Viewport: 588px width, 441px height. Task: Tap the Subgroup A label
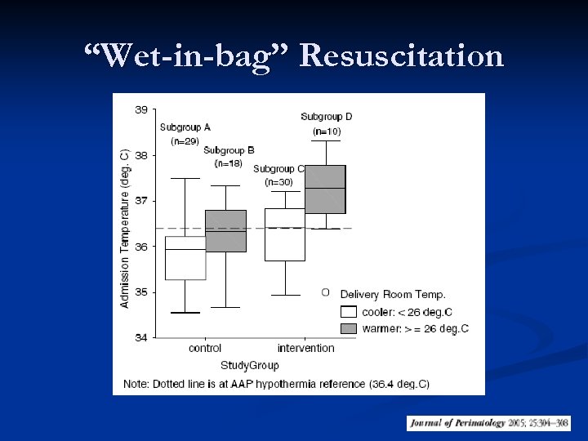coord(185,127)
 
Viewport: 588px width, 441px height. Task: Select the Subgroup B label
coord(229,150)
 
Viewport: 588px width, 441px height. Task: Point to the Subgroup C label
coord(278,169)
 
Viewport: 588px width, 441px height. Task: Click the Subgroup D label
coord(327,116)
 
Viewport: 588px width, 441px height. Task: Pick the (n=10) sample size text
coord(327,131)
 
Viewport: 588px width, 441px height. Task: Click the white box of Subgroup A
coord(185,258)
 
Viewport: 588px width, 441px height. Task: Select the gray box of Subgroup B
coord(225,231)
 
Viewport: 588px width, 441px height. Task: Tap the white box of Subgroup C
coord(284,234)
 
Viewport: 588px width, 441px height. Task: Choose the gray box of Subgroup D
coord(325,189)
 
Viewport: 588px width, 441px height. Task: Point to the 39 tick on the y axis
coord(140,109)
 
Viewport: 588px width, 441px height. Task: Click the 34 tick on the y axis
coord(140,337)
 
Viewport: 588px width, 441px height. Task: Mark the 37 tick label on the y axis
coord(140,201)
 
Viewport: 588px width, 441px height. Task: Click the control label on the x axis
coord(205,349)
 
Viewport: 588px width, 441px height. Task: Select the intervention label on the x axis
coord(305,349)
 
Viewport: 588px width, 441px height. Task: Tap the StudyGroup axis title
coord(249,365)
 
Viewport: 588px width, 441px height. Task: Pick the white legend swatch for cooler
coord(349,311)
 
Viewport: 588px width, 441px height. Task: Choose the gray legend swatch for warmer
coord(349,327)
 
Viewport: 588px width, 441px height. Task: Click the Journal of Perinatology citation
coord(488,423)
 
